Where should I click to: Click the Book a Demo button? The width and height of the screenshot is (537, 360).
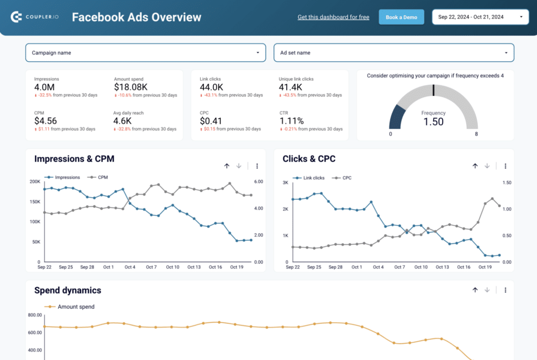click(x=401, y=17)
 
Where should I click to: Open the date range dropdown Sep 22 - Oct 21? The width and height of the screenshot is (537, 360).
click(x=480, y=17)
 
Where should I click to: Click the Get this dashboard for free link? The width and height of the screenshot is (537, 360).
click(x=333, y=17)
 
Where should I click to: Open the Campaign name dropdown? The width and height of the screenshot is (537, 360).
click(x=145, y=53)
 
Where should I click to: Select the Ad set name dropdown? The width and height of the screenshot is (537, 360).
click(x=393, y=53)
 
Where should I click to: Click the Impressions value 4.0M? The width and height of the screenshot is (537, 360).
click(x=44, y=88)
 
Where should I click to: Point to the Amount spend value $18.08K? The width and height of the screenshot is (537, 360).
click(x=132, y=88)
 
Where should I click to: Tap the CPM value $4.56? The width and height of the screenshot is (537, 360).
click(x=45, y=121)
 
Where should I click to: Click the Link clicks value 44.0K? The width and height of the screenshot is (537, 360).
click(x=211, y=88)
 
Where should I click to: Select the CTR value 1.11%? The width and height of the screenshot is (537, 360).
click(x=292, y=121)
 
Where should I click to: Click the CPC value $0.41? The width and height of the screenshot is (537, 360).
click(x=211, y=121)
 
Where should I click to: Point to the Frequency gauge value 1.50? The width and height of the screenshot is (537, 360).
click(x=433, y=122)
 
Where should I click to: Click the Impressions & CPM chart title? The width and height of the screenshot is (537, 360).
click(x=74, y=159)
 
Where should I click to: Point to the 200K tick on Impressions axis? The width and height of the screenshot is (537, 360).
click(x=35, y=182)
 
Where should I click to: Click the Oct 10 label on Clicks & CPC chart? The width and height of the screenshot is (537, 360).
click(x=421, y=267)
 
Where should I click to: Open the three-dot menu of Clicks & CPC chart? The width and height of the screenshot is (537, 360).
click(x=505, y=166)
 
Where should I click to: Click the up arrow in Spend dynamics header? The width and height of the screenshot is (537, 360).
click(x=475, y=290)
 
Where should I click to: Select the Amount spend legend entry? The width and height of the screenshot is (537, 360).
click(x=76, y=307)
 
